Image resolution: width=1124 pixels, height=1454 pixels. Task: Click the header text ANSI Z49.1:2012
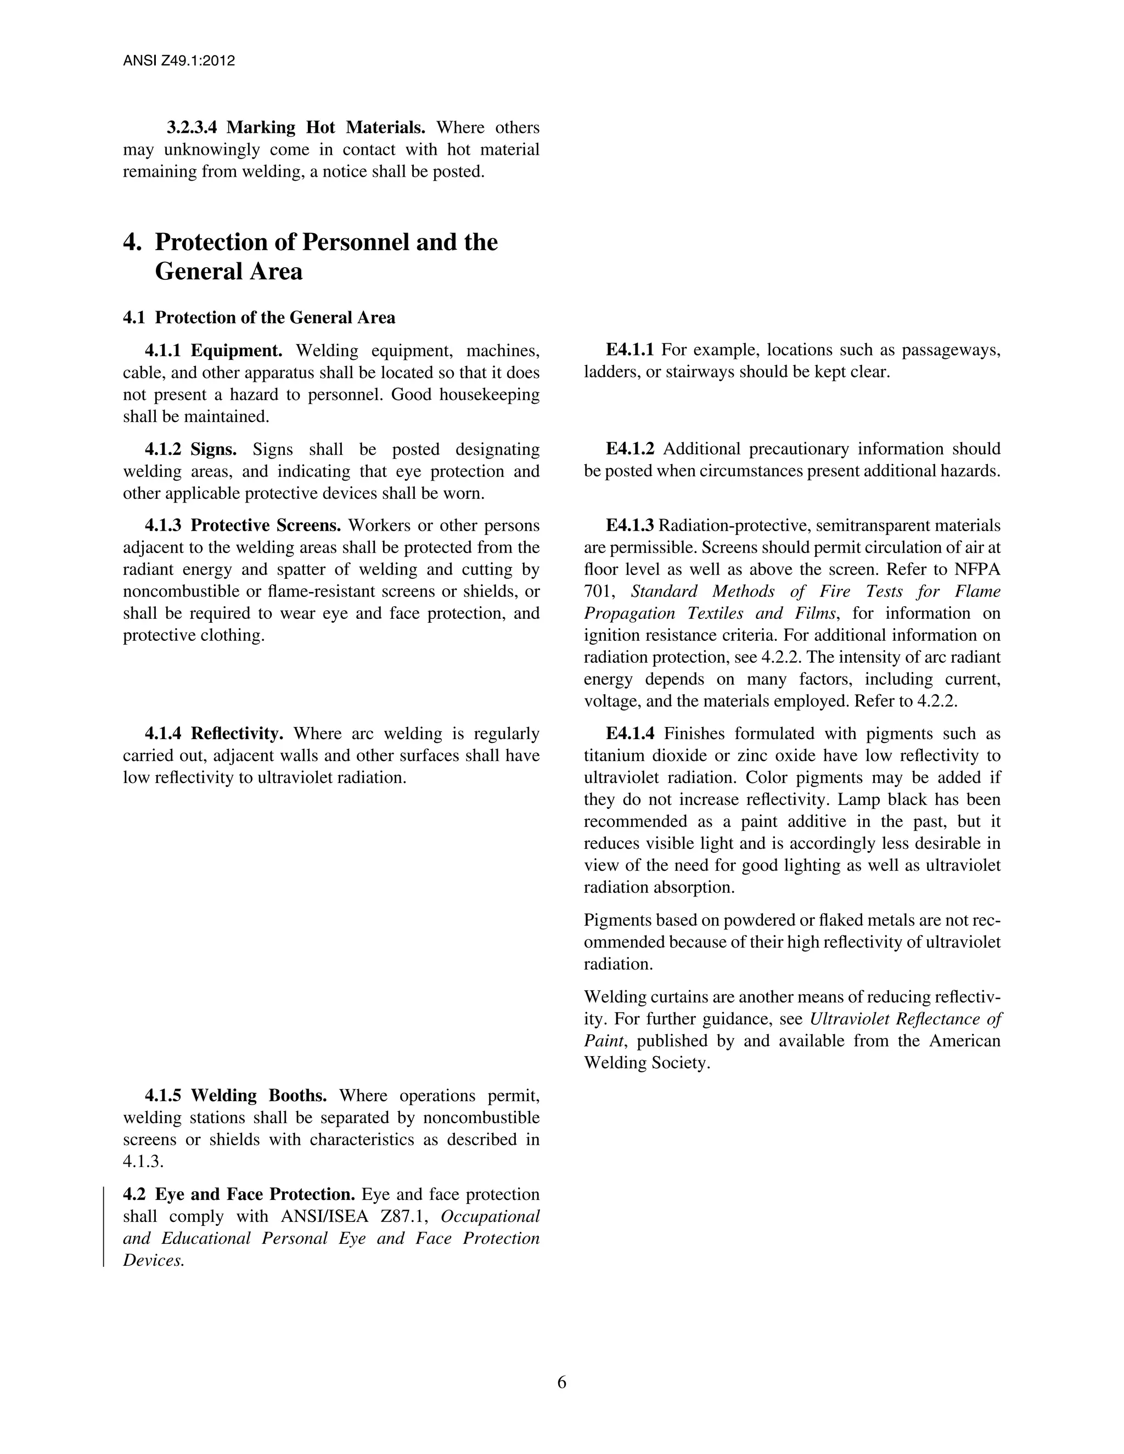(x=179, y=61)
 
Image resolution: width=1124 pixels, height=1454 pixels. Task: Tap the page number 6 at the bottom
(x=561, y=1382)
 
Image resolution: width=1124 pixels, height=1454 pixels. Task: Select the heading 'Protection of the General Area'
(x=275, y=318)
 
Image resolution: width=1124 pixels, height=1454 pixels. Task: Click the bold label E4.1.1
(x=630, y=350)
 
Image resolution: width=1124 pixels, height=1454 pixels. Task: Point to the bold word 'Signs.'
(x=213, y=449)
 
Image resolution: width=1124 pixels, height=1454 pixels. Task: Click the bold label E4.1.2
(x=630, y=449)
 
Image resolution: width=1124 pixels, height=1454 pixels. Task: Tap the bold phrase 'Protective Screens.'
(x=266, y=525)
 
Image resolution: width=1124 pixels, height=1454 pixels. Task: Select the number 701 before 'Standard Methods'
(x=597, y=591)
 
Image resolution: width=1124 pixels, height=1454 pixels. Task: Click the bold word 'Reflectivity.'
(x=237, y=734)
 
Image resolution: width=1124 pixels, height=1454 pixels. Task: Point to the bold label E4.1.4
(x=630, y=734)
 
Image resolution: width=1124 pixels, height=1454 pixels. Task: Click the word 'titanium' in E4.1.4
(x=611, y=756)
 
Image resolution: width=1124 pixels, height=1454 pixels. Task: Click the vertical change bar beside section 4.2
(x=103, y=1226)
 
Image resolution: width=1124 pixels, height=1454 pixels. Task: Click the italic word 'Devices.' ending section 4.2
(x=153, y=1260)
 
